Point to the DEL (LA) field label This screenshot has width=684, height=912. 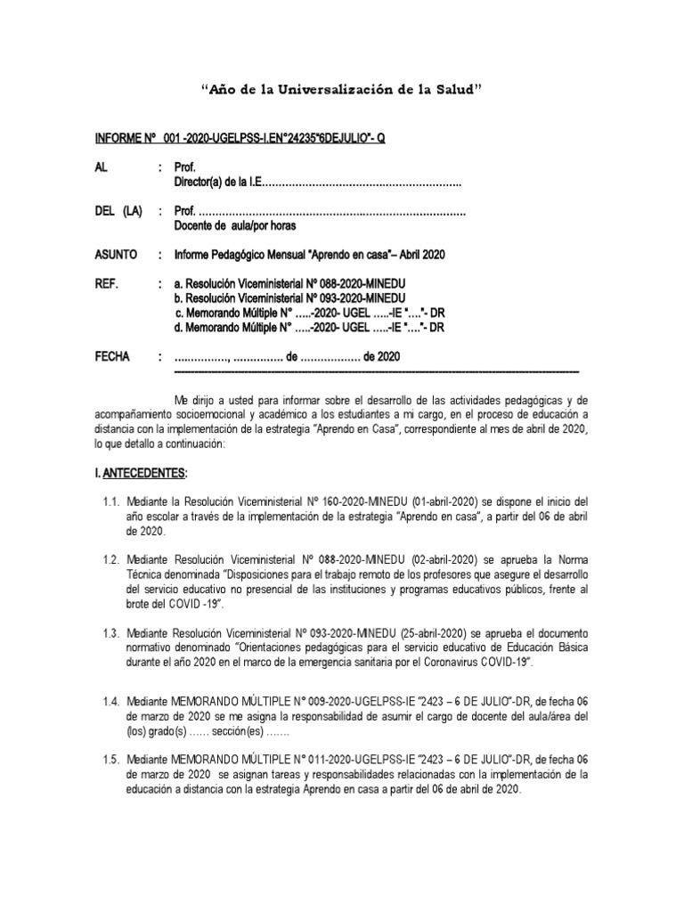pyautogui.click(x=118, y=211)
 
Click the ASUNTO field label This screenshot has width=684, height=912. pyautogui.click(x=116, y=255)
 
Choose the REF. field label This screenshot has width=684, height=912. pyautogui.click(x=106, y=284)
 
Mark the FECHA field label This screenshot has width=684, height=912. pyautogui.click(x=112, y=356)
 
